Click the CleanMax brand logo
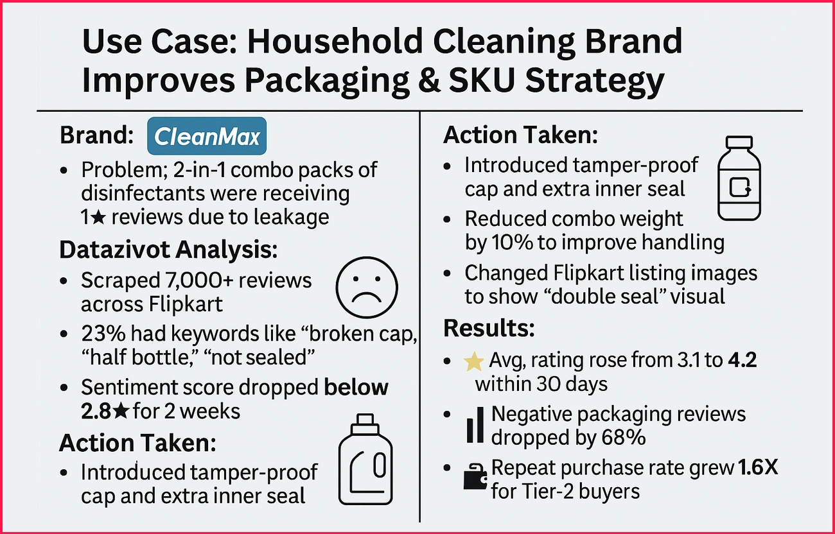point(207,136)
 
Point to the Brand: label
point(96,136)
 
